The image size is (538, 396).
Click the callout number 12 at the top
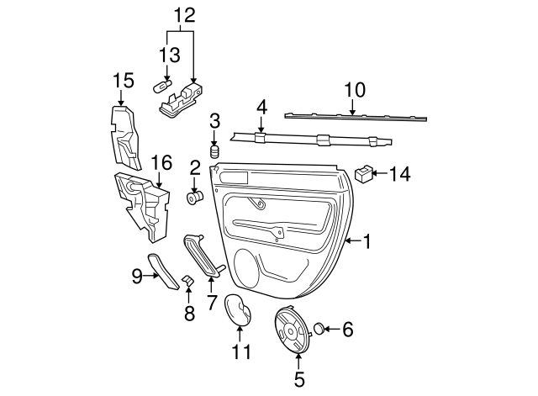coord(182,14)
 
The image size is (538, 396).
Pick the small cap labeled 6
coord(320,328)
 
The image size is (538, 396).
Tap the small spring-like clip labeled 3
coord(214,152)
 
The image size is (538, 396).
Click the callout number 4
coord(261,108)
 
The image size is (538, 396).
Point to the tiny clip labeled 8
coord(188,280)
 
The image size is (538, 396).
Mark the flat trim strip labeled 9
coord(163,269)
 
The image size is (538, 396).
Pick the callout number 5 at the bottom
coord(299,378)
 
